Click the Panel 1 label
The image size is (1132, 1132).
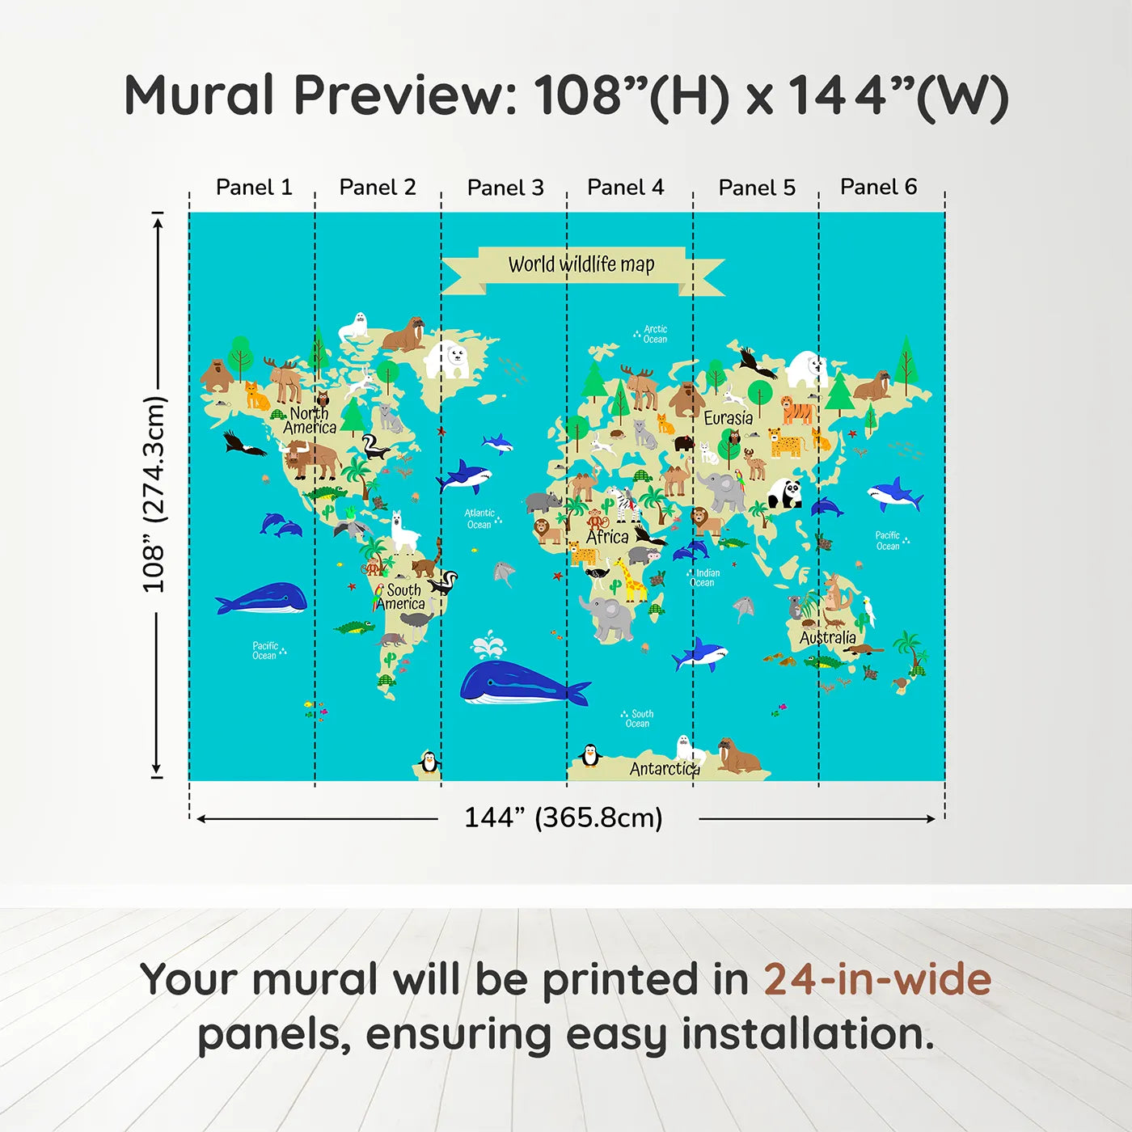[253, 188]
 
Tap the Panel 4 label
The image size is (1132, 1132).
[625, 188]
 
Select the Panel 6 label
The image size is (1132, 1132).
[878, 188]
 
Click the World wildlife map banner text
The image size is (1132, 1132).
[581, 264]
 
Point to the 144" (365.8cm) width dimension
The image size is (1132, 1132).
[563, 817]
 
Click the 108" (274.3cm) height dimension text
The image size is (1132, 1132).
[154, 494]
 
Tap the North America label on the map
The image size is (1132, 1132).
[310, 420]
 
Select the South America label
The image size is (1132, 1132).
[402, 597]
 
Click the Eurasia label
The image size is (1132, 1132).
[728, 418]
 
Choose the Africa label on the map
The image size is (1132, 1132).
[607, 537]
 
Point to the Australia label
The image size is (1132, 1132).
[827, 638]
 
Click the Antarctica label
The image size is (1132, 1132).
[664, 769]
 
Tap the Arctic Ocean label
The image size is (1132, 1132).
[654, 334]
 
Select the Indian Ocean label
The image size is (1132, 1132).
[703, 577]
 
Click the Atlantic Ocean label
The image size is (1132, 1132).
[479, 519]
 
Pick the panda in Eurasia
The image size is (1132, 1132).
[784, 493]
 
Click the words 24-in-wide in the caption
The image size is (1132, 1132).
[877, 979]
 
